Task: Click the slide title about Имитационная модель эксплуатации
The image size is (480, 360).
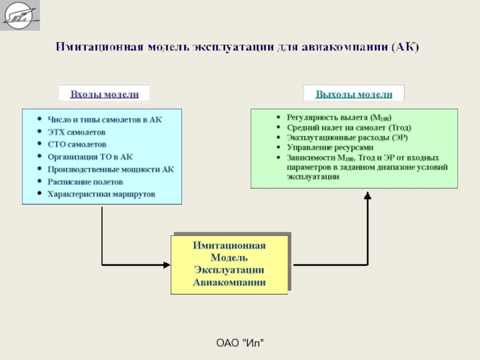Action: (x=238, y=47)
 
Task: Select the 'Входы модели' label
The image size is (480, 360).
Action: (x=104, y=94)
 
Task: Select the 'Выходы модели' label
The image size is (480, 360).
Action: (x=354, y=94)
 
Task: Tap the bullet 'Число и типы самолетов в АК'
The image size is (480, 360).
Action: (x=104, y=119)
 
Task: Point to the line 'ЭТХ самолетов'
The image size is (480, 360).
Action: (x=76, y=132)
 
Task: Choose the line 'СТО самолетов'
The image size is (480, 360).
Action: (x=77, y=145)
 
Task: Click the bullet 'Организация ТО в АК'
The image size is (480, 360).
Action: (x=89, y=157)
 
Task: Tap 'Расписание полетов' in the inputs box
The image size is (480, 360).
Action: (x=85, y=182)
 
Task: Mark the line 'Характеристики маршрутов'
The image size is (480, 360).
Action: (x=101, y=194)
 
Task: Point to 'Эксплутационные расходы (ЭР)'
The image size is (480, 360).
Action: (x=347, y=137)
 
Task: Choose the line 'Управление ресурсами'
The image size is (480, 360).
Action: (x=330, y=147)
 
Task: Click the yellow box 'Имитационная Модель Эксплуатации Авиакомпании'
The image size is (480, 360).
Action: (x=229, y=265)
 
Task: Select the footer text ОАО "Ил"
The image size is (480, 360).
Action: (x=240, y=343)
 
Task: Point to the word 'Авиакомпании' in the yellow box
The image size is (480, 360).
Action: (x=229, y=283)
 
